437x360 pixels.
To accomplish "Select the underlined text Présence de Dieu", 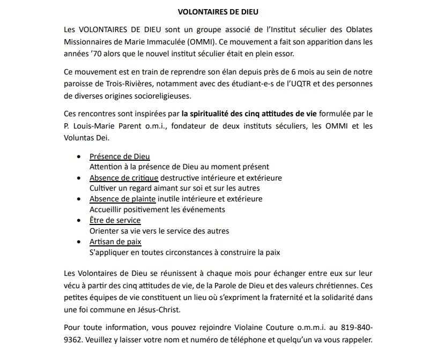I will pyautogui.click(x=120, y=156).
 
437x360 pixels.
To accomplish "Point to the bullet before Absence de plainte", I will pyautogui.click(x=79, y=199).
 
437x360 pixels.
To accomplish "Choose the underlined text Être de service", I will pyautogui.click(x=115, y=221).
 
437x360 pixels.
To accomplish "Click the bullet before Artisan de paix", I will pyautogui.click(x=79, y=242).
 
